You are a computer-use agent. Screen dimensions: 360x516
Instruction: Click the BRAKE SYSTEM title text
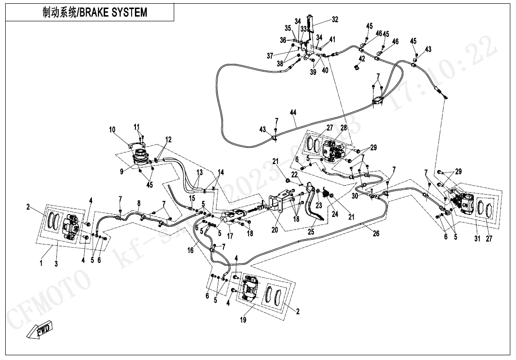tap(95, 13)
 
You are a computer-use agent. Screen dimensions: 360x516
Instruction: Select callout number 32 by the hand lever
tap(335, 19)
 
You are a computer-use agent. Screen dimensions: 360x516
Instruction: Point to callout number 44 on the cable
tap(294, 113)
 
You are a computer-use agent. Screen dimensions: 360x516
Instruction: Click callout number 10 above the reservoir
tap(112, 130)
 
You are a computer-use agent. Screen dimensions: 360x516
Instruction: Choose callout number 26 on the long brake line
tap(376, 234)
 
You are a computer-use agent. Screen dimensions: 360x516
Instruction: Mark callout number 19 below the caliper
tap(243, 320)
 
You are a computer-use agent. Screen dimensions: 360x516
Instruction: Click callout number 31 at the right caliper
tap(477, 238)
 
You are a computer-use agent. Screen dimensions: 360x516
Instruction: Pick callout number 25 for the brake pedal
tap(311, 232)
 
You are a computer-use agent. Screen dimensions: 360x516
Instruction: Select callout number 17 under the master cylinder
tap(231, 235)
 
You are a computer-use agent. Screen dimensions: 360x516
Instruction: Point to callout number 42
tap(362, 59)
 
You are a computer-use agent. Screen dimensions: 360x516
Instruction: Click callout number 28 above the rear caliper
tap(344, 128)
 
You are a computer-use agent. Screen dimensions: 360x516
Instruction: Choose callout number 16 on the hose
tap(190, 251)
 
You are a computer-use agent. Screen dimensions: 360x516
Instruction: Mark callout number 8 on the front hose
tap(139, 203)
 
